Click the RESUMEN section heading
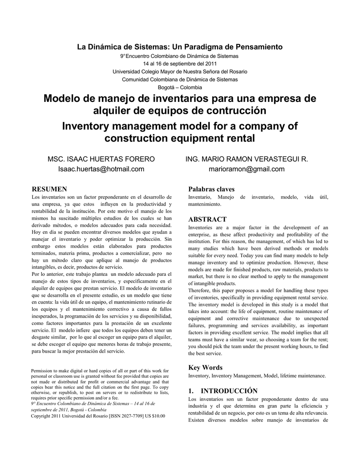coord(49,189)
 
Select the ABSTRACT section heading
coord(208,219)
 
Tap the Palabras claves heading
coord(212,189)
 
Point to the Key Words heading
coord(205,368)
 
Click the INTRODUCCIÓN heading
coord(223,391)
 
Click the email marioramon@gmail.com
coord(247,169)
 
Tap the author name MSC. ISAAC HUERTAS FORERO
coord(101,159)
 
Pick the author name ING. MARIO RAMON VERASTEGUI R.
coord(246,159)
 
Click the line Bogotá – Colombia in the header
coord(180,87)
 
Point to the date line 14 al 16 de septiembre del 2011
coord(180,63)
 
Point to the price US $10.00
coord(155,416)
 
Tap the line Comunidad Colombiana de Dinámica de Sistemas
coord(180,79)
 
